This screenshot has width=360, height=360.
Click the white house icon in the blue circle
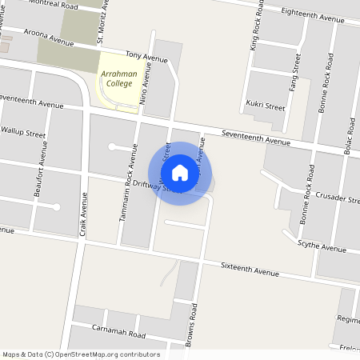click(x=180, y=173)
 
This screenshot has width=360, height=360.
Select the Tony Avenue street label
click(x=146, y=57)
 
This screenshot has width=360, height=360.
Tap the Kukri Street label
click(x=265, y=106)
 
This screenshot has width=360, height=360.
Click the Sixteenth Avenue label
click(x=250, y=270)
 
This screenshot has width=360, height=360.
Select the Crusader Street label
click(x=338, y=198)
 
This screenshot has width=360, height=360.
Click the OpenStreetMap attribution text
click(x=80, y=354)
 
